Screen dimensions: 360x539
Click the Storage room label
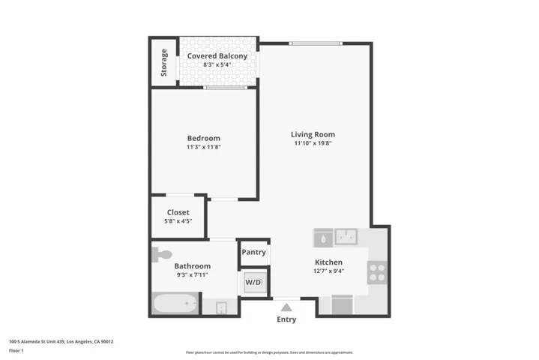[x=164, y=62]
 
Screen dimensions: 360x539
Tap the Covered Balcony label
[x=217, y=56]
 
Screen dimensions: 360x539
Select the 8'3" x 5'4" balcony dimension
[x=217, y=65]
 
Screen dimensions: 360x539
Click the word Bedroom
[x=203, y=138]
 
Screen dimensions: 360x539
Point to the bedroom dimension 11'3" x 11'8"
[x=203, y=147]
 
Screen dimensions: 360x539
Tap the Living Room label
[x=313, y=134]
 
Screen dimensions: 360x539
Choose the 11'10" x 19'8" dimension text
[x=313, y=143]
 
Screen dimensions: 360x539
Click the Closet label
[x=178, y=212]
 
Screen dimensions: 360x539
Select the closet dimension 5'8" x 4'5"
[x=178, y=221]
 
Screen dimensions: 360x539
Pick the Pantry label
[x=253, y=252]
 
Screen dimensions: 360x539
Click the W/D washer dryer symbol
[x=253, y=282]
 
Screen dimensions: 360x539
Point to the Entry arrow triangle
[x=286, y=306]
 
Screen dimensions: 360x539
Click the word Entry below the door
[x=286, y=319]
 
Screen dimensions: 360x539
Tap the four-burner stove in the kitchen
[x=377, y=271]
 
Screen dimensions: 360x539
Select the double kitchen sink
[x=346, y=237]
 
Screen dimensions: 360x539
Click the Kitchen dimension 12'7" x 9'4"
[x=328, y=271]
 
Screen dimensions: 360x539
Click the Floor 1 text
[x=16, y=350]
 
